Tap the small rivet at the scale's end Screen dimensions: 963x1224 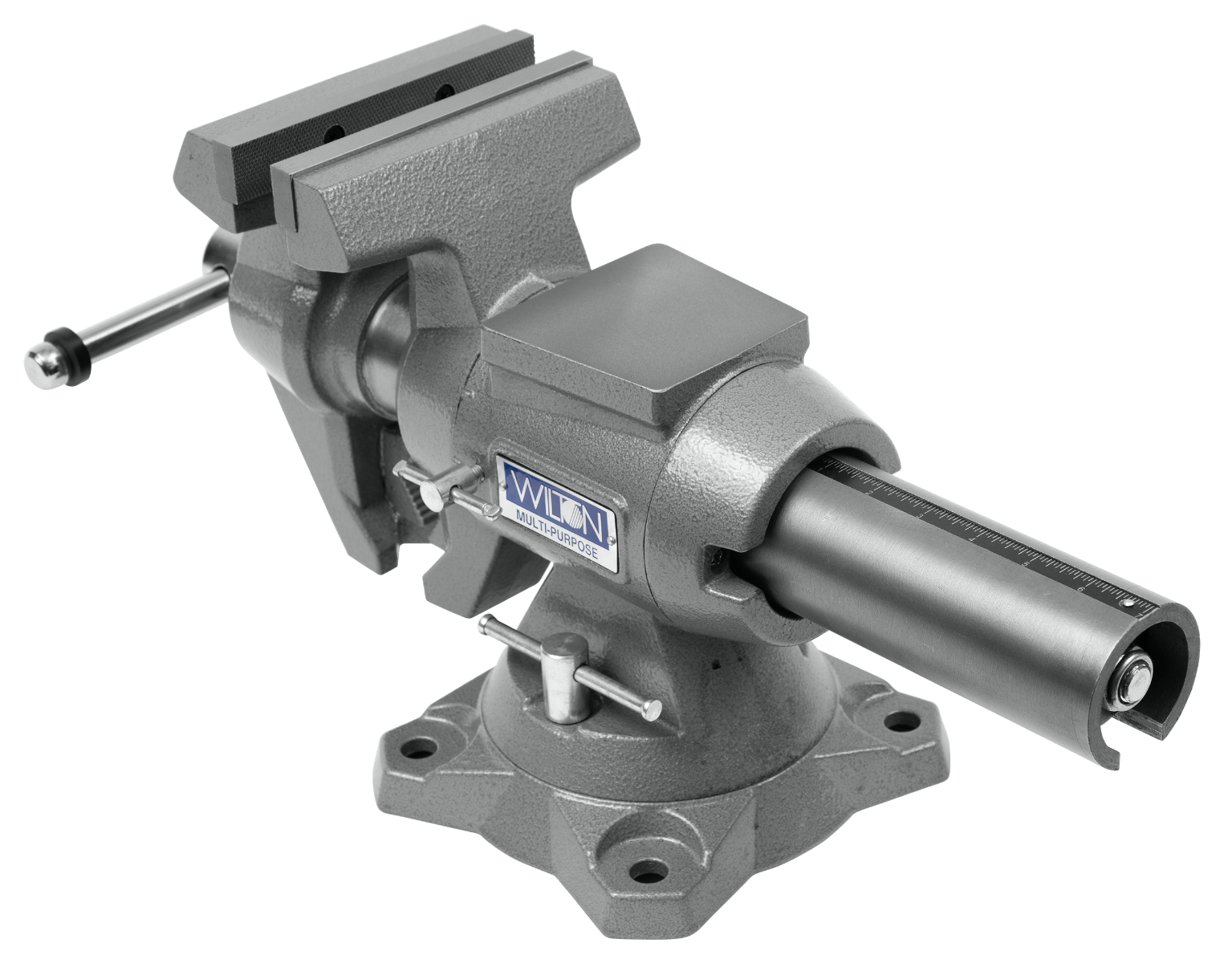[x=1128, y=603]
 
